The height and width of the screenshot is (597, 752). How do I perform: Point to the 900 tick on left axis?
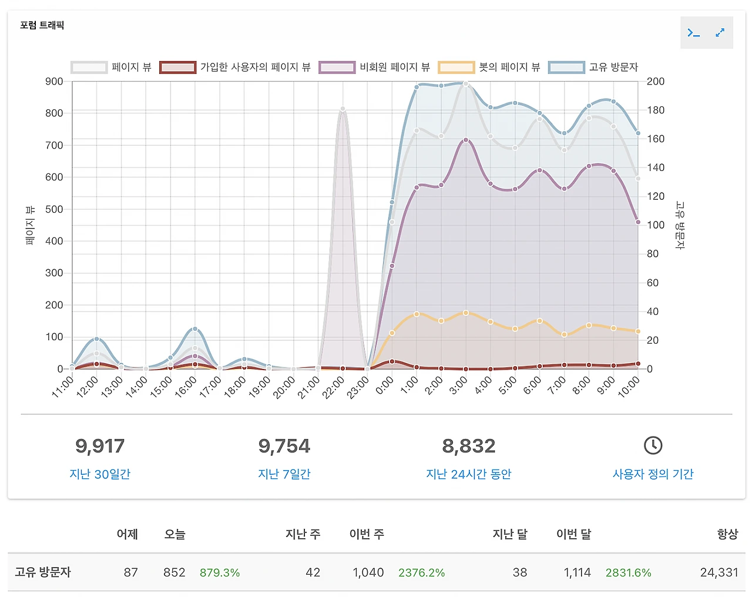point(54,82)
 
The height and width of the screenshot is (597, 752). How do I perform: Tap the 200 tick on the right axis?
point(656,82)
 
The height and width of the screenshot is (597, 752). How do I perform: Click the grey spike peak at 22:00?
point(343,109)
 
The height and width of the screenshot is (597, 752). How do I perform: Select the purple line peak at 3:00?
point(466,140)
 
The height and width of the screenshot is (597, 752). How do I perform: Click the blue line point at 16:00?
point(195,329)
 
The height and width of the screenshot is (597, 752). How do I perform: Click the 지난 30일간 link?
point(100,474)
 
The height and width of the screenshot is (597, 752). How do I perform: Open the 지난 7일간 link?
point(284,474)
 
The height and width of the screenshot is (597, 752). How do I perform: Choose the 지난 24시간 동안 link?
point(469,474)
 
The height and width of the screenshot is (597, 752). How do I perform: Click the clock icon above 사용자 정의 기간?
point(653,445)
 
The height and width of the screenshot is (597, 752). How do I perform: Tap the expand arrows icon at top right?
point(720,33)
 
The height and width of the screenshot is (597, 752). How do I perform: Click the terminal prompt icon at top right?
point(694,33)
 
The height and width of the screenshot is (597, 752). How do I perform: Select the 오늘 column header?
point(174,534)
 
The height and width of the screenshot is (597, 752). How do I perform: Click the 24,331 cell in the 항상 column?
point(719,572)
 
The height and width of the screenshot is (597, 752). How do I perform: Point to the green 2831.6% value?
point(629,572)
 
